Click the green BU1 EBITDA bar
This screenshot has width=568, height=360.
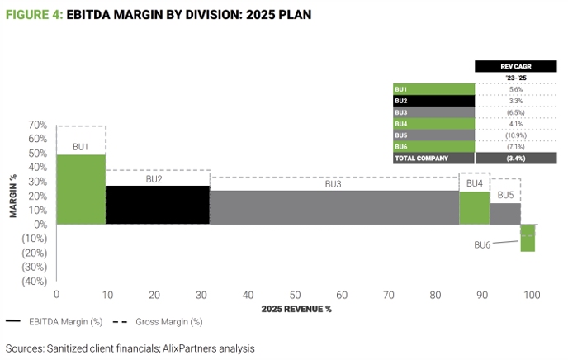81,189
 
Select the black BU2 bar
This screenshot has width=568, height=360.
158,205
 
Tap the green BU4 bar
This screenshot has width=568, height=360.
474,207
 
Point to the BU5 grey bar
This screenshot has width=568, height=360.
505,214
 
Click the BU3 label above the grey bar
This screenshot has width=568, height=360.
333,184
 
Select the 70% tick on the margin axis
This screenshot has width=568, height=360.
37,125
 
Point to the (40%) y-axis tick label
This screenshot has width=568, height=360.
34,281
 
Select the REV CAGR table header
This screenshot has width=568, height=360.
517,66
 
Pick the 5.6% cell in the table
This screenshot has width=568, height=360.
517,89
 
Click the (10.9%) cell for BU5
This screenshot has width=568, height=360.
517,135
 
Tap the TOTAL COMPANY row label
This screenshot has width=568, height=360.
421,158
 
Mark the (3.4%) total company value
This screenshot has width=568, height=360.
517,158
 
